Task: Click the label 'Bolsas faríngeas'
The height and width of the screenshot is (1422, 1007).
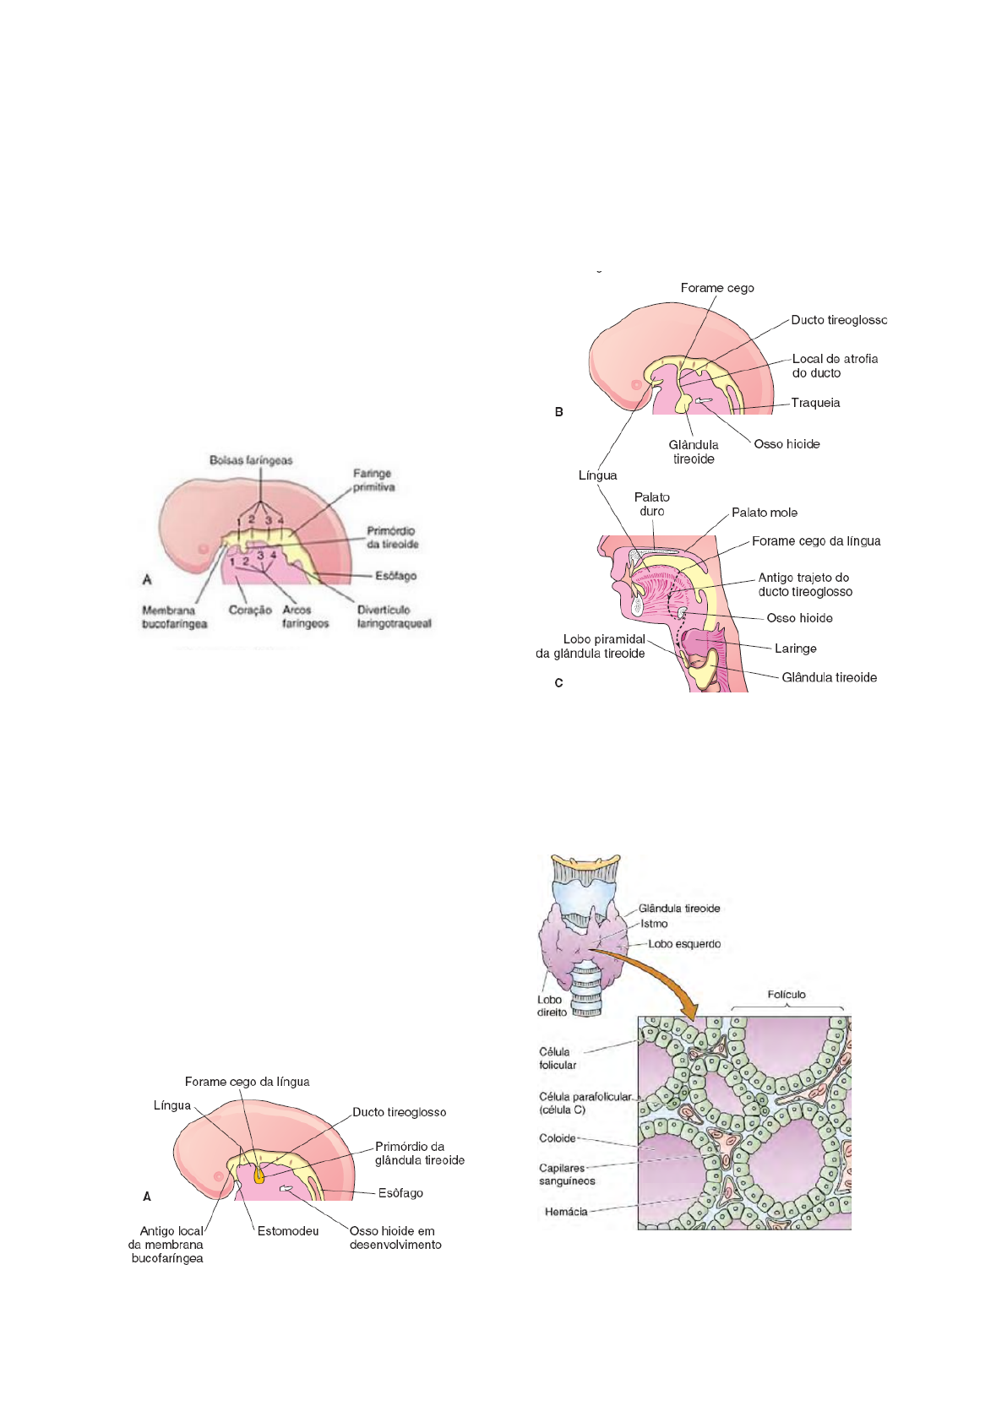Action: click(251, 460)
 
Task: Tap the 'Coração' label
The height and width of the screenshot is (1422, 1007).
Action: click(250, 610)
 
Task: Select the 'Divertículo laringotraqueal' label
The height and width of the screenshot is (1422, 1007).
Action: click(394, 616)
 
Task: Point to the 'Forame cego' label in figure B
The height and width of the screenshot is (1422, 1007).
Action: click(717, 288)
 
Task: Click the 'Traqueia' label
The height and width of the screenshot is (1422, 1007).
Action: click(815, 403)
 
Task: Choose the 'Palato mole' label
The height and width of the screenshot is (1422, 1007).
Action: click(764, 513)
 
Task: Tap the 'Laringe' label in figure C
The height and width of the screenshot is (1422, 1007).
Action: click(795, 649)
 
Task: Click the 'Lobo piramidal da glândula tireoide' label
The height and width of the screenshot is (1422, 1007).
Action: click(591, 647)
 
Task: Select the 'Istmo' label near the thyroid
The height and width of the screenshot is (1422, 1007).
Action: click(654, 924)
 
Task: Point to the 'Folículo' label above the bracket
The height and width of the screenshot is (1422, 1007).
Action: click(787, 995)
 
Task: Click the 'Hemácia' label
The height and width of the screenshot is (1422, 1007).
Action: click(566, 1212)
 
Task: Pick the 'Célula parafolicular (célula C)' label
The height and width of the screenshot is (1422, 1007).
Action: click(585, 1103)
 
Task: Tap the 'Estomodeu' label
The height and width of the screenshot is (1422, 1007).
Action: click(288, 1231)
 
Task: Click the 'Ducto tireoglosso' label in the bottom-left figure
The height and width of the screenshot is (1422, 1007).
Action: click(399, 1112)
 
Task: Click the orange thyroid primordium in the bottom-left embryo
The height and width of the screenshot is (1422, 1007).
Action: click(259, 1175)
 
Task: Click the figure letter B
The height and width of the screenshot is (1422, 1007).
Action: click(558, 412)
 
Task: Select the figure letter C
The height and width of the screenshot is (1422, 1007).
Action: click(558, 682)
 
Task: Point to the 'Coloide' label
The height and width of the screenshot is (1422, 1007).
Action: click(558, 1138)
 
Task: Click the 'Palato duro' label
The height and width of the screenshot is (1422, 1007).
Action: click(651, 504)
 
